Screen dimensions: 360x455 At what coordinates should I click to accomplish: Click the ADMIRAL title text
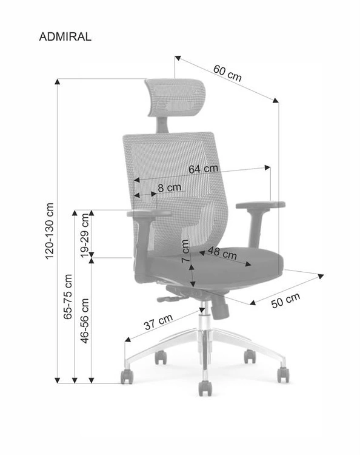click(65, 37)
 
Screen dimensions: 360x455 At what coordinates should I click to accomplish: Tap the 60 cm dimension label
click(227, 73)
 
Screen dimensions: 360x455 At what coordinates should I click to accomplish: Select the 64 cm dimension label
click(203, 169)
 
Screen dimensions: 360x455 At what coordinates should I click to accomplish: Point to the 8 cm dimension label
click(170, 187)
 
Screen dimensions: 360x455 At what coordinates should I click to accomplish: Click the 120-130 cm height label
click(50, 231)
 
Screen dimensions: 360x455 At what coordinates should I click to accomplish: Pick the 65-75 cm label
click(68, 297)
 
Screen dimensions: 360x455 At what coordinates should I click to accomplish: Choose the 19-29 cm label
click(85, 235)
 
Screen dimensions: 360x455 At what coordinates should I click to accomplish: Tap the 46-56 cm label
click(85, 321)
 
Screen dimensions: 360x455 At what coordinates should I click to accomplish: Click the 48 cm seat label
click(222, 253)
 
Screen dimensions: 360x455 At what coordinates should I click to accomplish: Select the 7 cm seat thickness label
click(185, 251)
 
